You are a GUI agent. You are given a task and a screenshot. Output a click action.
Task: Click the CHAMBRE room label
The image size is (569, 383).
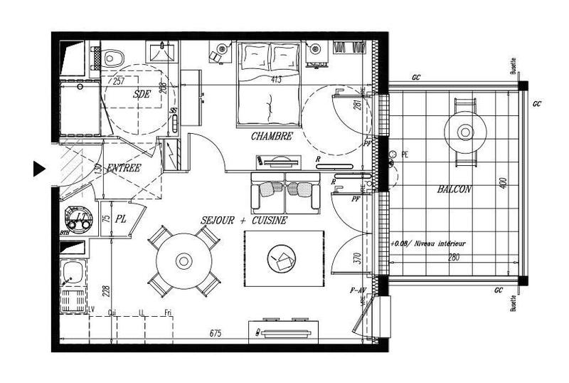[x=272, y=136]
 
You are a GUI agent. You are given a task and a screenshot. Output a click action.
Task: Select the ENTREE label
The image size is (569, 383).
[x=123, y=168]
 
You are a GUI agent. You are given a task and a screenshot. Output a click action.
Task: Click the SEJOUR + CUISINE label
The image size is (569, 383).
[x=244, y=221]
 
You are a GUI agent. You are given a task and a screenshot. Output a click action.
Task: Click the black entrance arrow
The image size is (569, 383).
[x=39, y=168]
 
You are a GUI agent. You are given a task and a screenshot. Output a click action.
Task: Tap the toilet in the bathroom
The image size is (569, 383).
[x=112, y=54]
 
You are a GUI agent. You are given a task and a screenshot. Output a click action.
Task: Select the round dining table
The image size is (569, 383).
[x=184, y=261]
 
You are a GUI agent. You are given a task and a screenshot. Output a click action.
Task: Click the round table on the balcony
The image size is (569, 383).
[x=465, y=132]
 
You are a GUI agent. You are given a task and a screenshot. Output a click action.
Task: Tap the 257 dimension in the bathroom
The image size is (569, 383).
[x=119, y=81]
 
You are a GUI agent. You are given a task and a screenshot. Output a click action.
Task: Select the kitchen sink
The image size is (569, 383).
[x=71, y=272]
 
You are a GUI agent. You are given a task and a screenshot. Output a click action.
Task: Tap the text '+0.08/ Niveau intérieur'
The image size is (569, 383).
[x=425, y=243]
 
